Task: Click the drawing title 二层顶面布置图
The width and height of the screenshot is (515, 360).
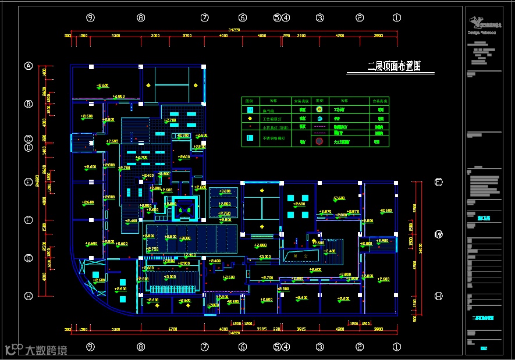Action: click(394, 66)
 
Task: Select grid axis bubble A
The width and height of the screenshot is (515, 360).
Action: click(28, 66)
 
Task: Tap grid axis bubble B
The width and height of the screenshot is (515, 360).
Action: click(28, 104)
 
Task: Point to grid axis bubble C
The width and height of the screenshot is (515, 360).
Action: click(28, 139)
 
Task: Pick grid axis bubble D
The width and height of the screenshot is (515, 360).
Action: click(28, 147)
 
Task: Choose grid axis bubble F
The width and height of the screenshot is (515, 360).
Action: click(28, 220)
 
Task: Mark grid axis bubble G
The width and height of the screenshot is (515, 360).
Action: click(28, 258)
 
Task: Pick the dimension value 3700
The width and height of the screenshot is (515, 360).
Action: click(187, 36)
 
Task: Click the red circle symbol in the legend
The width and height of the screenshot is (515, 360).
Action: click(319, 141)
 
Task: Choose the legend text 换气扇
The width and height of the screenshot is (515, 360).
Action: click(267, 109)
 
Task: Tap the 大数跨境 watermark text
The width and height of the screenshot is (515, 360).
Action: click(46, 350)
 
